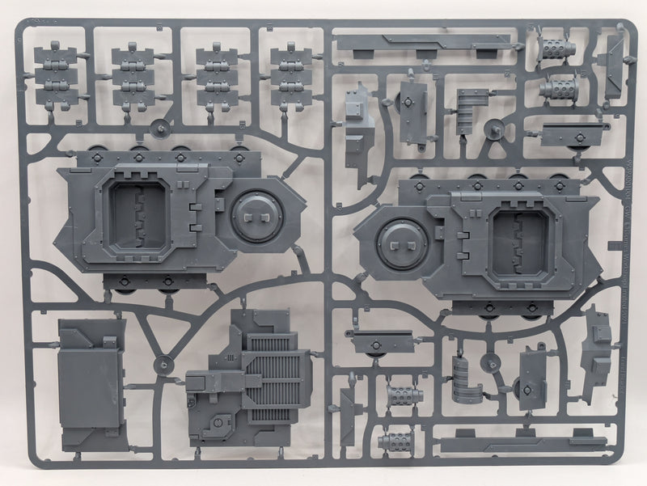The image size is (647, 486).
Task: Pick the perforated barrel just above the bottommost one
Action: coord(404,395)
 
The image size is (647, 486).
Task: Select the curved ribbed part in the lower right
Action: coord(466,381)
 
